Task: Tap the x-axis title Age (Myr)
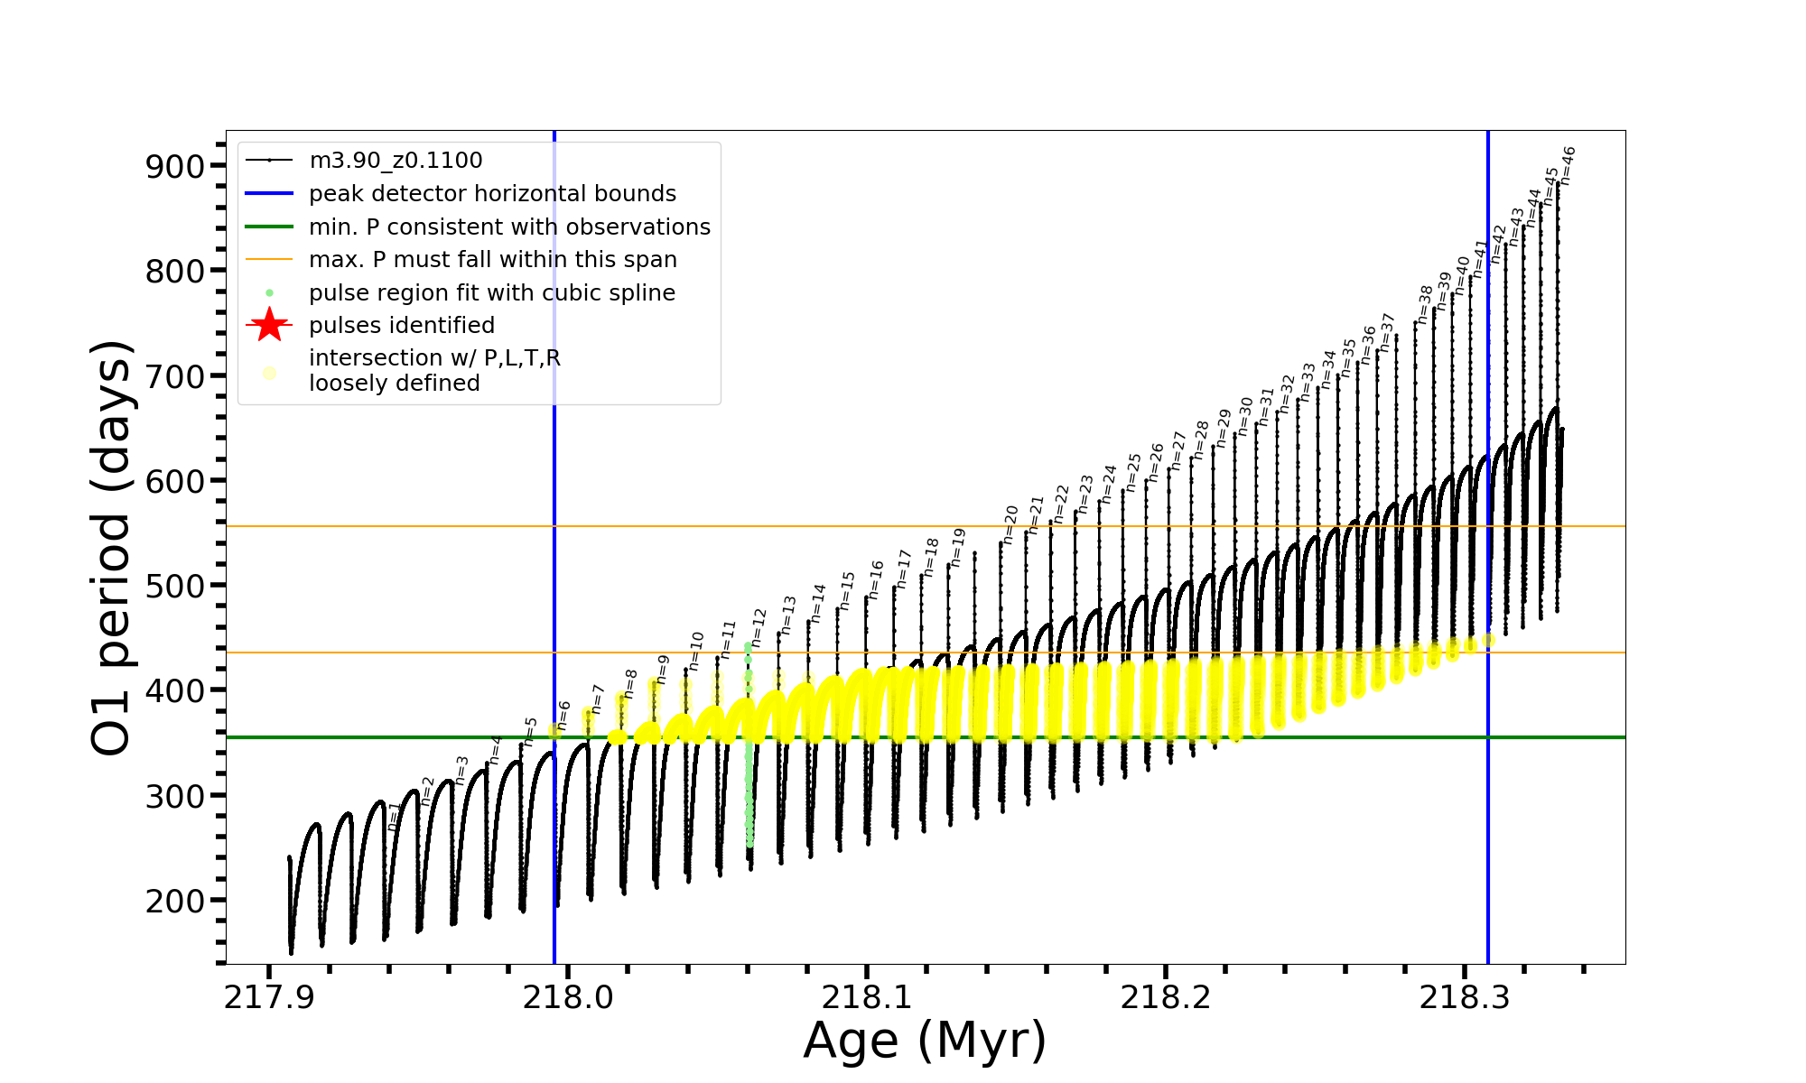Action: tap(925, 1041)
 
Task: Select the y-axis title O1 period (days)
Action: tap(112, 548)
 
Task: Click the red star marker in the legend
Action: tap(269, 325)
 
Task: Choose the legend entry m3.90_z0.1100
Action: tap(396, 161)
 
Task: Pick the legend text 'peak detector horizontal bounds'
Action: tap(492, 194)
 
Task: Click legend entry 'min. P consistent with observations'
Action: tap(509, 227)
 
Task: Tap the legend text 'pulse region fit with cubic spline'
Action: tap(491, 293)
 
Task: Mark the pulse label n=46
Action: tap(1568, 166)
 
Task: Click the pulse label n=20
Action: tap(1011, 524)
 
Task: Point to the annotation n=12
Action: tap(759, 628)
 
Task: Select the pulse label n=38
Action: tap(1425, 304)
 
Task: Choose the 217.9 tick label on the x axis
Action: tap(268, 997)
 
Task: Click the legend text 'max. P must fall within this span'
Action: tap(492, 260)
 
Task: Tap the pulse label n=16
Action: tap(876, 579)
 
